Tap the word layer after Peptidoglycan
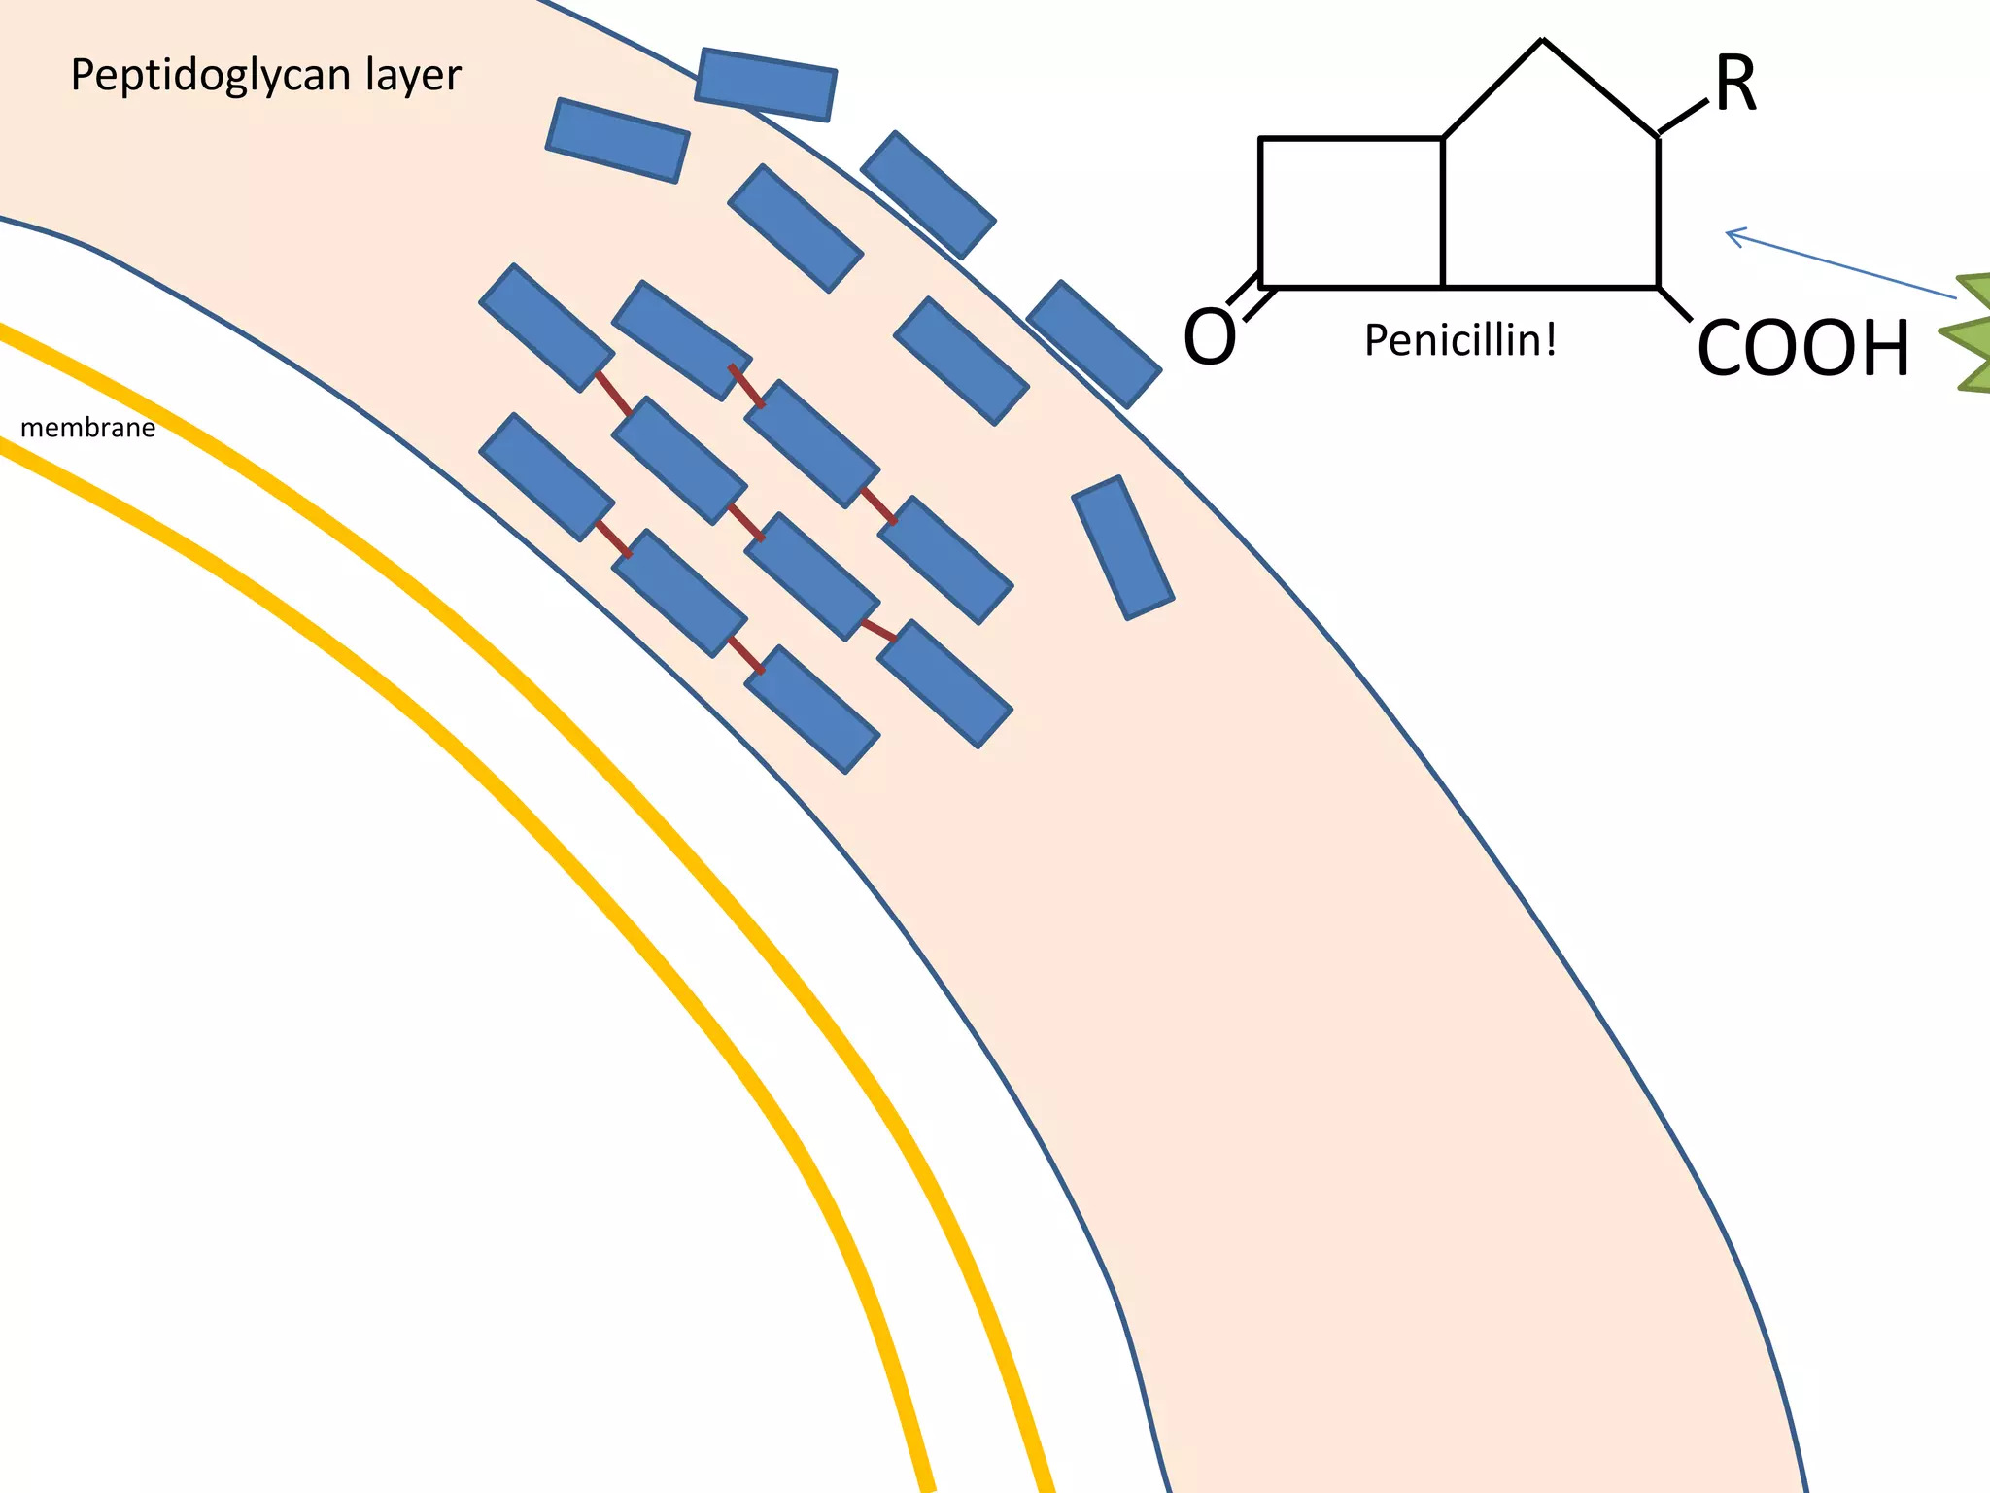pyautogui.click(x=413, y=74)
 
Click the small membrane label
pyautogui.click(x=87, y=428)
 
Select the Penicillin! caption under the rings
pyautogui.click(x=1460, y=340)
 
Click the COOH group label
pyautogui.click(x=1802, y=348)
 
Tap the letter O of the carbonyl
pyautogui.click(x=1210, y=336)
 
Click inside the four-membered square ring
pyautogui.click(x=1351, y=213)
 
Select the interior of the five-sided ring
pyautogui.click(x=1551, y=194)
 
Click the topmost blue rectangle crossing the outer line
pyautogui.click(x=766, y=85)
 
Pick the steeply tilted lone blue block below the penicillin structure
pyautogui.click(x=1123, y=547)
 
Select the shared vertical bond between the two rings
pyautogui.click(x=1443, y=213)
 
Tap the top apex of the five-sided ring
pyautogui.click(x=1543, y=41)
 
